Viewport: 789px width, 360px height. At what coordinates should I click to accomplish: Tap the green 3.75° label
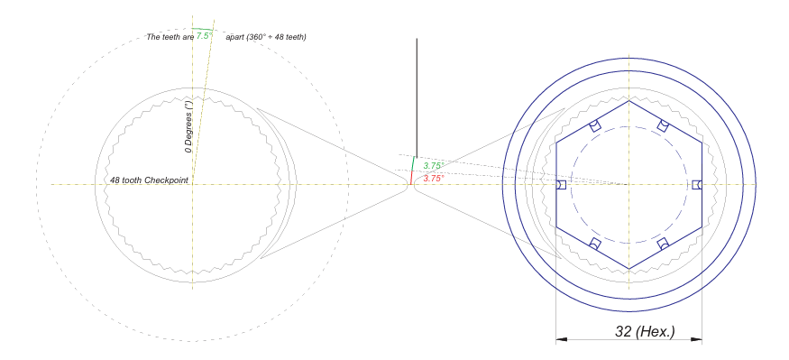434,166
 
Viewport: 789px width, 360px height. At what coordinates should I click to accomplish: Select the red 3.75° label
434,179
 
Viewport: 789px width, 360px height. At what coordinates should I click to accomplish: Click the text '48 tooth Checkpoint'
145,180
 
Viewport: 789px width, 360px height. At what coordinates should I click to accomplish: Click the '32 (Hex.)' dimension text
645,331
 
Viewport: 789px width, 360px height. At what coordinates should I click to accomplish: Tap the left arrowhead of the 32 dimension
562,339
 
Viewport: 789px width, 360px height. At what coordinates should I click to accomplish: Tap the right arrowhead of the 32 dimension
696,339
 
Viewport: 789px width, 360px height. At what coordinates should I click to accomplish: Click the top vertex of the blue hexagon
629,101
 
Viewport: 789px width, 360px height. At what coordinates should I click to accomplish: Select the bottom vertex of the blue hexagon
629,269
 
